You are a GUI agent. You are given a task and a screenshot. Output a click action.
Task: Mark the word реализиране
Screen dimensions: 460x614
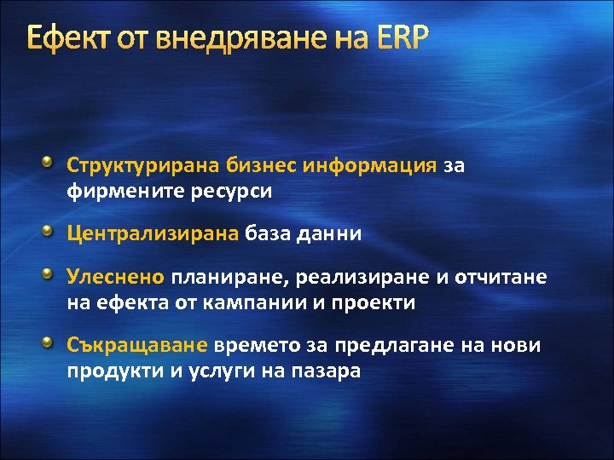point(328,276)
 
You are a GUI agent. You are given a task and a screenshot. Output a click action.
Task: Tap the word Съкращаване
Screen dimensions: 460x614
point(137,345)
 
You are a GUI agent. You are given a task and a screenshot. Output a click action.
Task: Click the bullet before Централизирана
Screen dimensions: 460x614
point(55,230)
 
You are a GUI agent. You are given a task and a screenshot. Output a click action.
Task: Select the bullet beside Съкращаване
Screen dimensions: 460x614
point(55,342)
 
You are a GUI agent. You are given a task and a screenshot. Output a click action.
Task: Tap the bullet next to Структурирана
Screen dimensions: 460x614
point(55,161)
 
